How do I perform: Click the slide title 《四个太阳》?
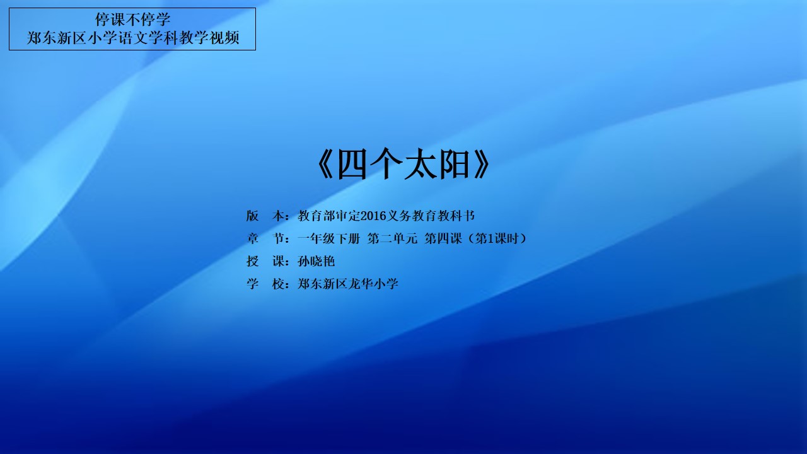click(403, 165)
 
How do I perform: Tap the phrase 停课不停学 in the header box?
click(132, 20)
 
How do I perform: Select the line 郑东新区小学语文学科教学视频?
click(132, 38)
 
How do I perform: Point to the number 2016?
click(373, 216)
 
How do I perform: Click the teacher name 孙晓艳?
click(316, 261)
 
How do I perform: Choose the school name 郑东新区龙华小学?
click(347, 284)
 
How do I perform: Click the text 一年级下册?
click(328, 238)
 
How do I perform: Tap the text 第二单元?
click(392, 238)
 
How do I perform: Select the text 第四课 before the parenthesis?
click(443, 238)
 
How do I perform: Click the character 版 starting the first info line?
click(253, 216)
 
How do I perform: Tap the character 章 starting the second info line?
click(253, 238)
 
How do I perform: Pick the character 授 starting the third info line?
click(253, 261)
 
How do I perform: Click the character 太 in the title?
click(420, 165)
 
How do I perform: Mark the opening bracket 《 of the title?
click(325, 165)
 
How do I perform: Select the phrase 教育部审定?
click(329, 216)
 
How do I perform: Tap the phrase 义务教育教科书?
click(431, 216)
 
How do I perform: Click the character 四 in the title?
click(352, 165)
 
